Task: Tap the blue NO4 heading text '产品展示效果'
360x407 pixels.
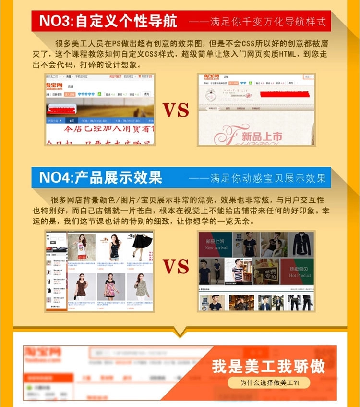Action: pyautogui.click(x=118, y=177)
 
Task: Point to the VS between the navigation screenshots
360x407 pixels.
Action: pyautogui.click(x=176, y=110)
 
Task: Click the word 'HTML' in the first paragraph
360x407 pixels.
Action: pyautogui.click(x=274, y=55)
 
